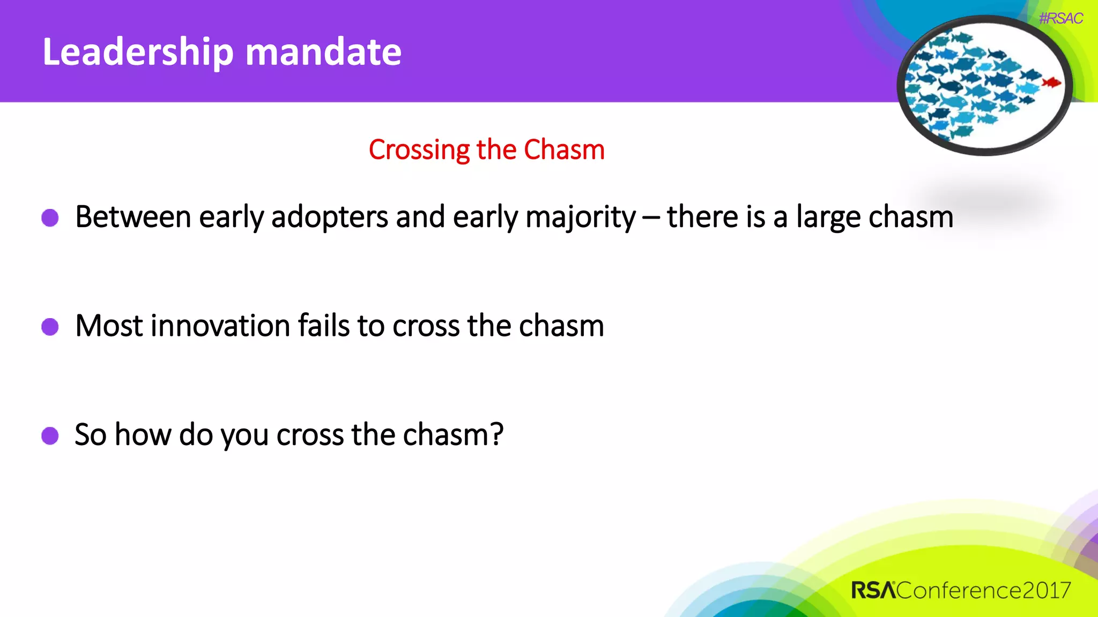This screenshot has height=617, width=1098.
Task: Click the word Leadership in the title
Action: pos(138,52)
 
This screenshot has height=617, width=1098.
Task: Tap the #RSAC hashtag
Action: pos(1060,18)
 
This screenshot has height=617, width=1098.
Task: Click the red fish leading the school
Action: pos(1051,82)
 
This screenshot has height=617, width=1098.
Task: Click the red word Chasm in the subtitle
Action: pos(564,149)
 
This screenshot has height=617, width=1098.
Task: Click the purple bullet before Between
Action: pos(50,218)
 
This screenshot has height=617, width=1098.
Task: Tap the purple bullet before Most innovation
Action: pos(50,326)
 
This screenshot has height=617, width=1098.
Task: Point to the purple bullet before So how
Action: pos(50,435)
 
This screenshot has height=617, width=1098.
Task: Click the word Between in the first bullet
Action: pos(133,217)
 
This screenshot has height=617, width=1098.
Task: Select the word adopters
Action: pos(329,218)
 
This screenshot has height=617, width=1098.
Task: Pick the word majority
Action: pos(580,218)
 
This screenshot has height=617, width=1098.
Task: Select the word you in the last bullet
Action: pos(244,435)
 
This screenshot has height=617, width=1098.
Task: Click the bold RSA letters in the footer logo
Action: pos(873,590)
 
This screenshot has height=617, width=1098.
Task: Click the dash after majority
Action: pos(651,218)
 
